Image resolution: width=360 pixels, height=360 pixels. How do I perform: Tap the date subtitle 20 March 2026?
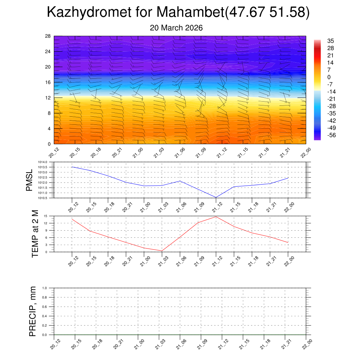click(176, 28)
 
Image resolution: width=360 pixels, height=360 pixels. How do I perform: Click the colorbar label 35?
click(330, 40)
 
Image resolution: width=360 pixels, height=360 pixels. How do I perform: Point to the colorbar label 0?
click(329, 77)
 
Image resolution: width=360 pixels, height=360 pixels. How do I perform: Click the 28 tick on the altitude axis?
click(48, 36)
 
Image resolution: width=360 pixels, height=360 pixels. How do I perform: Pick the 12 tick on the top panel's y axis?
click(48, 98)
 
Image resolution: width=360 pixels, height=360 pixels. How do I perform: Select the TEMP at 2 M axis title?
click(35, 233)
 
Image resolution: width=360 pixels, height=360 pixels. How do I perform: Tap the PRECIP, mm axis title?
click(33, 311)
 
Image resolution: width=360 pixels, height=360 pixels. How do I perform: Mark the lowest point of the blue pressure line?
click(216, 198)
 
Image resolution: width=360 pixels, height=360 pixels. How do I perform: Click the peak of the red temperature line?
click(216, 217)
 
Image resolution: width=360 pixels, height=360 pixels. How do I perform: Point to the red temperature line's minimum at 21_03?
click(162, 251)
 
